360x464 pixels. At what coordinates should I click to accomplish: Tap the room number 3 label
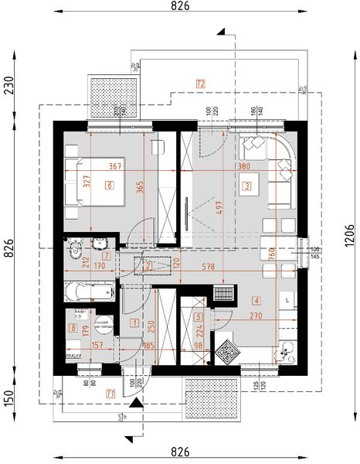point(246,186)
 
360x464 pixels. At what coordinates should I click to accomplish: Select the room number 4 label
point(256,301)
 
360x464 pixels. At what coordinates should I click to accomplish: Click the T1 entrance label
point(111,394)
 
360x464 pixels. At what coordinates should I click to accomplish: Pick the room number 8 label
point(73,329)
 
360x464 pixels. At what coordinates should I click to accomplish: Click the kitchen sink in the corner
point(287,352)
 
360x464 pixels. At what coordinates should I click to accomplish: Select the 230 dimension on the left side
point(8,84)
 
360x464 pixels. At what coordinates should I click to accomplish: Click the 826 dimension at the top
point(180,7)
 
